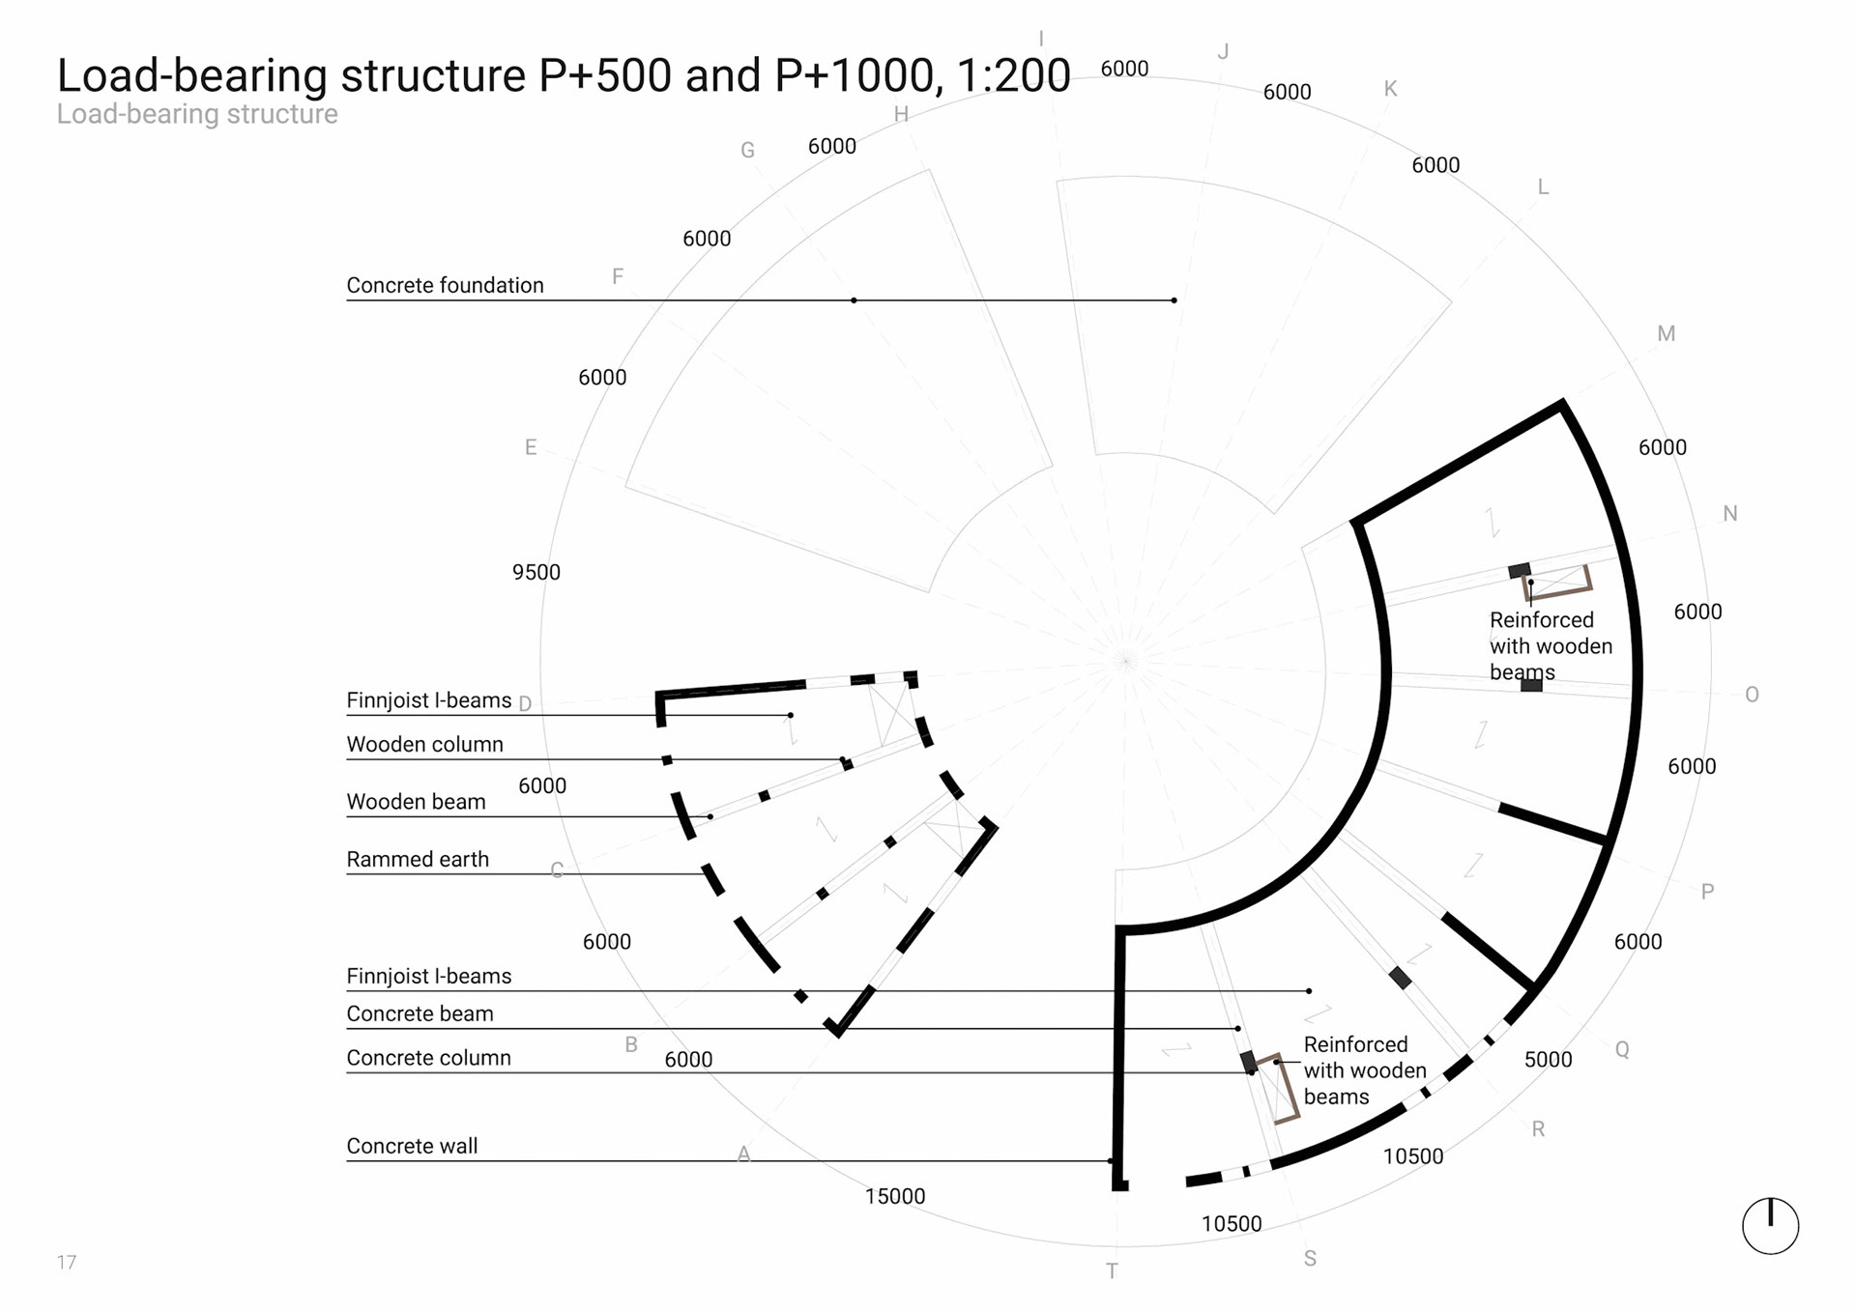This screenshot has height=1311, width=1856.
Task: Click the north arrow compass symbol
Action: point(1770,1225)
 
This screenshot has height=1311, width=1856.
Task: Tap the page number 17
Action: point(66,1262)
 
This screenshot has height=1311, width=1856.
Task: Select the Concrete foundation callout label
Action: point(445,285)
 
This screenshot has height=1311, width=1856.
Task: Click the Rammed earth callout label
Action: point(418,859)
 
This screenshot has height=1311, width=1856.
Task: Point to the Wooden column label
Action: point(424,744)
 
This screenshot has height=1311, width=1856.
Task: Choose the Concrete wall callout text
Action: point(412,1146)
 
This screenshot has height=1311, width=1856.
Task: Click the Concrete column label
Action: point(428,1058)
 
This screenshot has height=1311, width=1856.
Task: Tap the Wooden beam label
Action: point(416,802)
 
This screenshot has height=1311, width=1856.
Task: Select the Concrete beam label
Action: point(420,1013)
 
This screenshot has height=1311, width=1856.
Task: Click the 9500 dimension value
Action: point(536,572)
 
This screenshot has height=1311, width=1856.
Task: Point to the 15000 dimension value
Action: point(895,1196)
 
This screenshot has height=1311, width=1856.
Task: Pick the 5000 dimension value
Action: point(1549,1059)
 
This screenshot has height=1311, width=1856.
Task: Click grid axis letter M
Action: point(1667,333)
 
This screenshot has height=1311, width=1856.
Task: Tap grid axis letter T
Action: point(1112,1271)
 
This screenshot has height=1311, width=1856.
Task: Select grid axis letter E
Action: point(531,447)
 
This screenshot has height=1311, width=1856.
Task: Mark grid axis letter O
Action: point(1752,695)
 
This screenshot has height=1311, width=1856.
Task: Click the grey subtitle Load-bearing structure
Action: point(197,114)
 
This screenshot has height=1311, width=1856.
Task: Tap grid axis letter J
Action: point(1223,52)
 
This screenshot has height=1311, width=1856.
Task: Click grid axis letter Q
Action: point(1622,1049)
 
